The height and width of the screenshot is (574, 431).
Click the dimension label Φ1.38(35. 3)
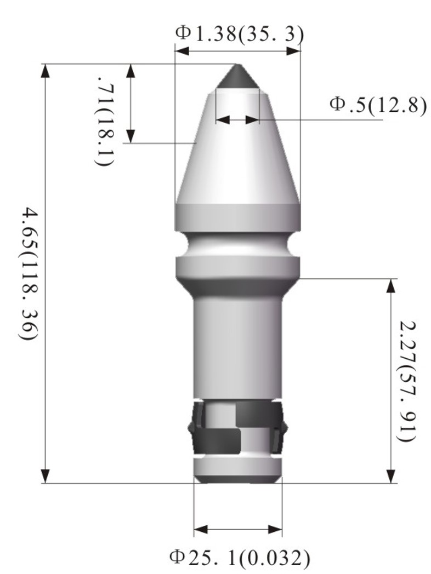pos(240,33)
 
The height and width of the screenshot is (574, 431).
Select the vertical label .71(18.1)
pos(106,121)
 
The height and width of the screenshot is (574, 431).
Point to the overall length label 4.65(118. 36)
pos(27,274)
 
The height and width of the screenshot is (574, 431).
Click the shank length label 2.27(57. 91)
pos(407,381)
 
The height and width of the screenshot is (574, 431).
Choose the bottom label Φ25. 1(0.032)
pos(240,557)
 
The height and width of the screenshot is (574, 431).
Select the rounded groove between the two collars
pos(238,245)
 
